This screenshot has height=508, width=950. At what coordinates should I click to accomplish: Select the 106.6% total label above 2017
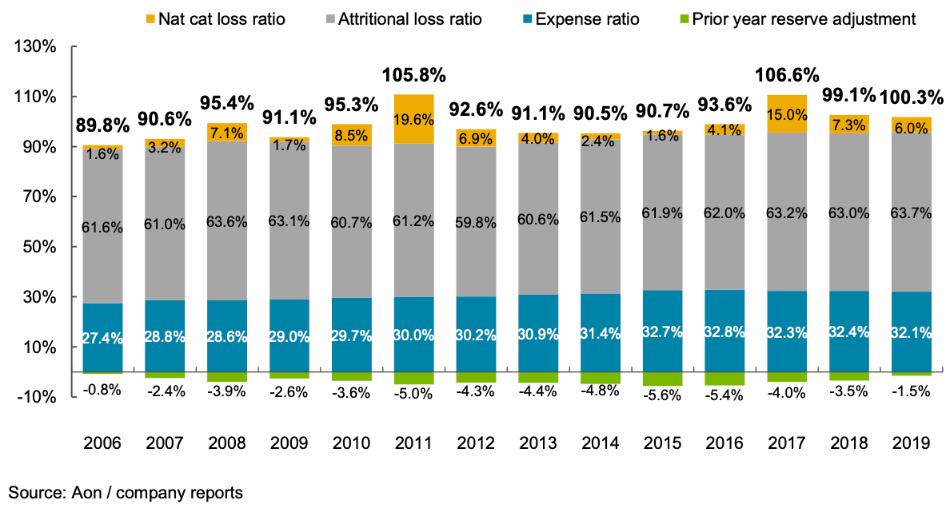(x=787, y=76)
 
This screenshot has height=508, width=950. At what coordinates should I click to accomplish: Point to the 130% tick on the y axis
(x=35, y=47)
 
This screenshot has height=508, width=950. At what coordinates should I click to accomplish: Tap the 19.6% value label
(x=413, y=120)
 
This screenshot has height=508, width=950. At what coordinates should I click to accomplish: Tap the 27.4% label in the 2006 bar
(x=103, y=338)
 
